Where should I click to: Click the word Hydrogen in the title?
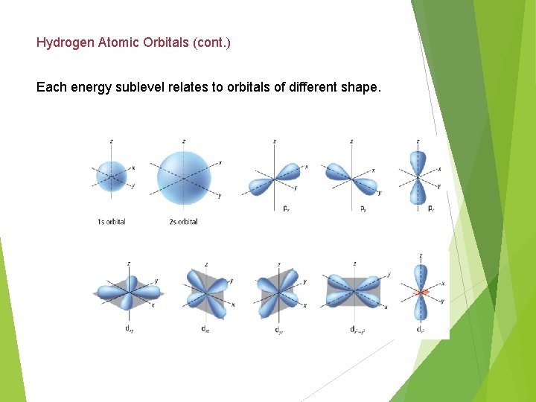click(66, 42)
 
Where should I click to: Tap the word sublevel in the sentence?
click(157, 87)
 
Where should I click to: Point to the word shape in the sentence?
click(360, 87)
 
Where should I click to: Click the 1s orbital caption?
click(111, 222)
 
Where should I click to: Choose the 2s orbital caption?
click(183, 222)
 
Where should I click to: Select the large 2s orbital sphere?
click(183, 179)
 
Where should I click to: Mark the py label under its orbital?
click(363, 208)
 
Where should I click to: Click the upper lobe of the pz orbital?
click(418, 162)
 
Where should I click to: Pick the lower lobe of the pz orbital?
click(418, 193)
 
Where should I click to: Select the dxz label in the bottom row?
click(205, 328)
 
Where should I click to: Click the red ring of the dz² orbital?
click(421, 293)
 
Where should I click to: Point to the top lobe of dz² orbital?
click(421, 274)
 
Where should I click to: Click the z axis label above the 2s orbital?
click(184, 141)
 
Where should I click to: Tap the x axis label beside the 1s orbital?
click(133, 167)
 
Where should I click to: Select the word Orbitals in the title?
click(168, 42)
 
